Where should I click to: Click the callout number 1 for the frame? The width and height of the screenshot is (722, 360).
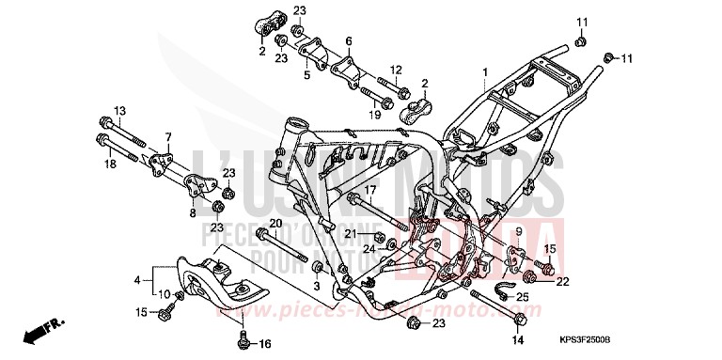coord(485,72)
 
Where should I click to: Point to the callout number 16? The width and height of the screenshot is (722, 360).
coord(266,344)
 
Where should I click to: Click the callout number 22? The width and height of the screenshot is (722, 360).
coord(561,280)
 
